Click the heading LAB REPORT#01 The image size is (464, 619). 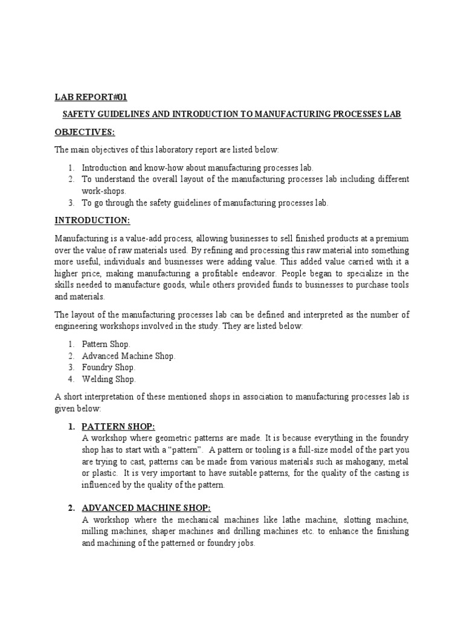pyautogui.click(x=91, y=97)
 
